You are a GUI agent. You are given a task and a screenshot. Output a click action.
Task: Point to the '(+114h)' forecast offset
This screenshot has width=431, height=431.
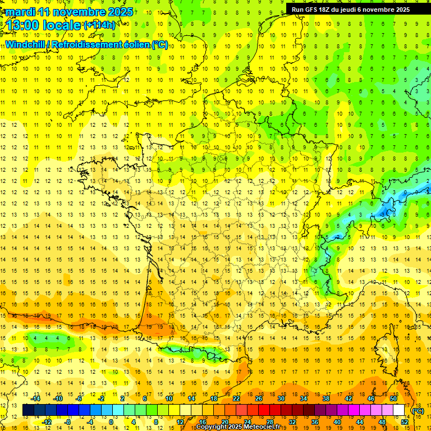pyautogui.click(x=99, y=25)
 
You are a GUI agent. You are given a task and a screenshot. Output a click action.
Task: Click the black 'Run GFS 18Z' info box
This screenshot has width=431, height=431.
pyautogui.click(x=351, y=10)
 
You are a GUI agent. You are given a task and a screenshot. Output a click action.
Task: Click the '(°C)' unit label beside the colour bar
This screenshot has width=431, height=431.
pyautogui.click(x=418, y=411)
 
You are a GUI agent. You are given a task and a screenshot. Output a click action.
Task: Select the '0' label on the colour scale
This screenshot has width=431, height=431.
pyautogui.click(x=111, y=422)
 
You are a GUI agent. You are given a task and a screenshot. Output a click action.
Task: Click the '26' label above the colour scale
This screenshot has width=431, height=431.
pyautogui.click(x=259, y=398)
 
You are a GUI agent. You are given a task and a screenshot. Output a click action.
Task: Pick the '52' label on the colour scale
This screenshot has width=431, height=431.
pyautogui.click(x=404, y=422)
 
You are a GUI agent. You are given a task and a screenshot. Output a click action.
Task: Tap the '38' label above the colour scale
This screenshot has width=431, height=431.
pyautogui.click(x=326, y=398)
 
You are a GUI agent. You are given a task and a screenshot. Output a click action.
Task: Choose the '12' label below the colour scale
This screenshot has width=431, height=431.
pyautogui.click(x=180, y=422)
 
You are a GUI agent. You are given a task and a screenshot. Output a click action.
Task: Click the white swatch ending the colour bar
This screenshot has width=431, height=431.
pyautogui.click(x=399, y=410)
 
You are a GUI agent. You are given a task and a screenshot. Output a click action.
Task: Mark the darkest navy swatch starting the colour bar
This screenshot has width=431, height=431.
pyautogui.click(x=28, y=410)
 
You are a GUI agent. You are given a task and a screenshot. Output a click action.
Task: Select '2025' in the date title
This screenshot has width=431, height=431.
pyautogui.click(x=120, y=12)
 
